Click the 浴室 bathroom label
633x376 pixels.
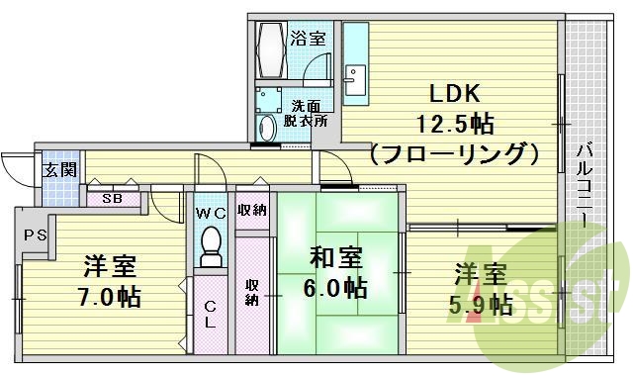coord(308,39)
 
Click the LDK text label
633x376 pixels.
coord(453,94)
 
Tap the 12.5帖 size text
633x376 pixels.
coord(454,126)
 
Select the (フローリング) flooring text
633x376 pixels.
coord(454,155)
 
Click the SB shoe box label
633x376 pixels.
coord(113,198)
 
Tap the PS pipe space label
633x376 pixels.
coord(35,235)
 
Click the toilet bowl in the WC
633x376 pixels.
coord(210,247)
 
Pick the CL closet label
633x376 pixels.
coord(210,316)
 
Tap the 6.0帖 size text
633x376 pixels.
coord(335,289)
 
